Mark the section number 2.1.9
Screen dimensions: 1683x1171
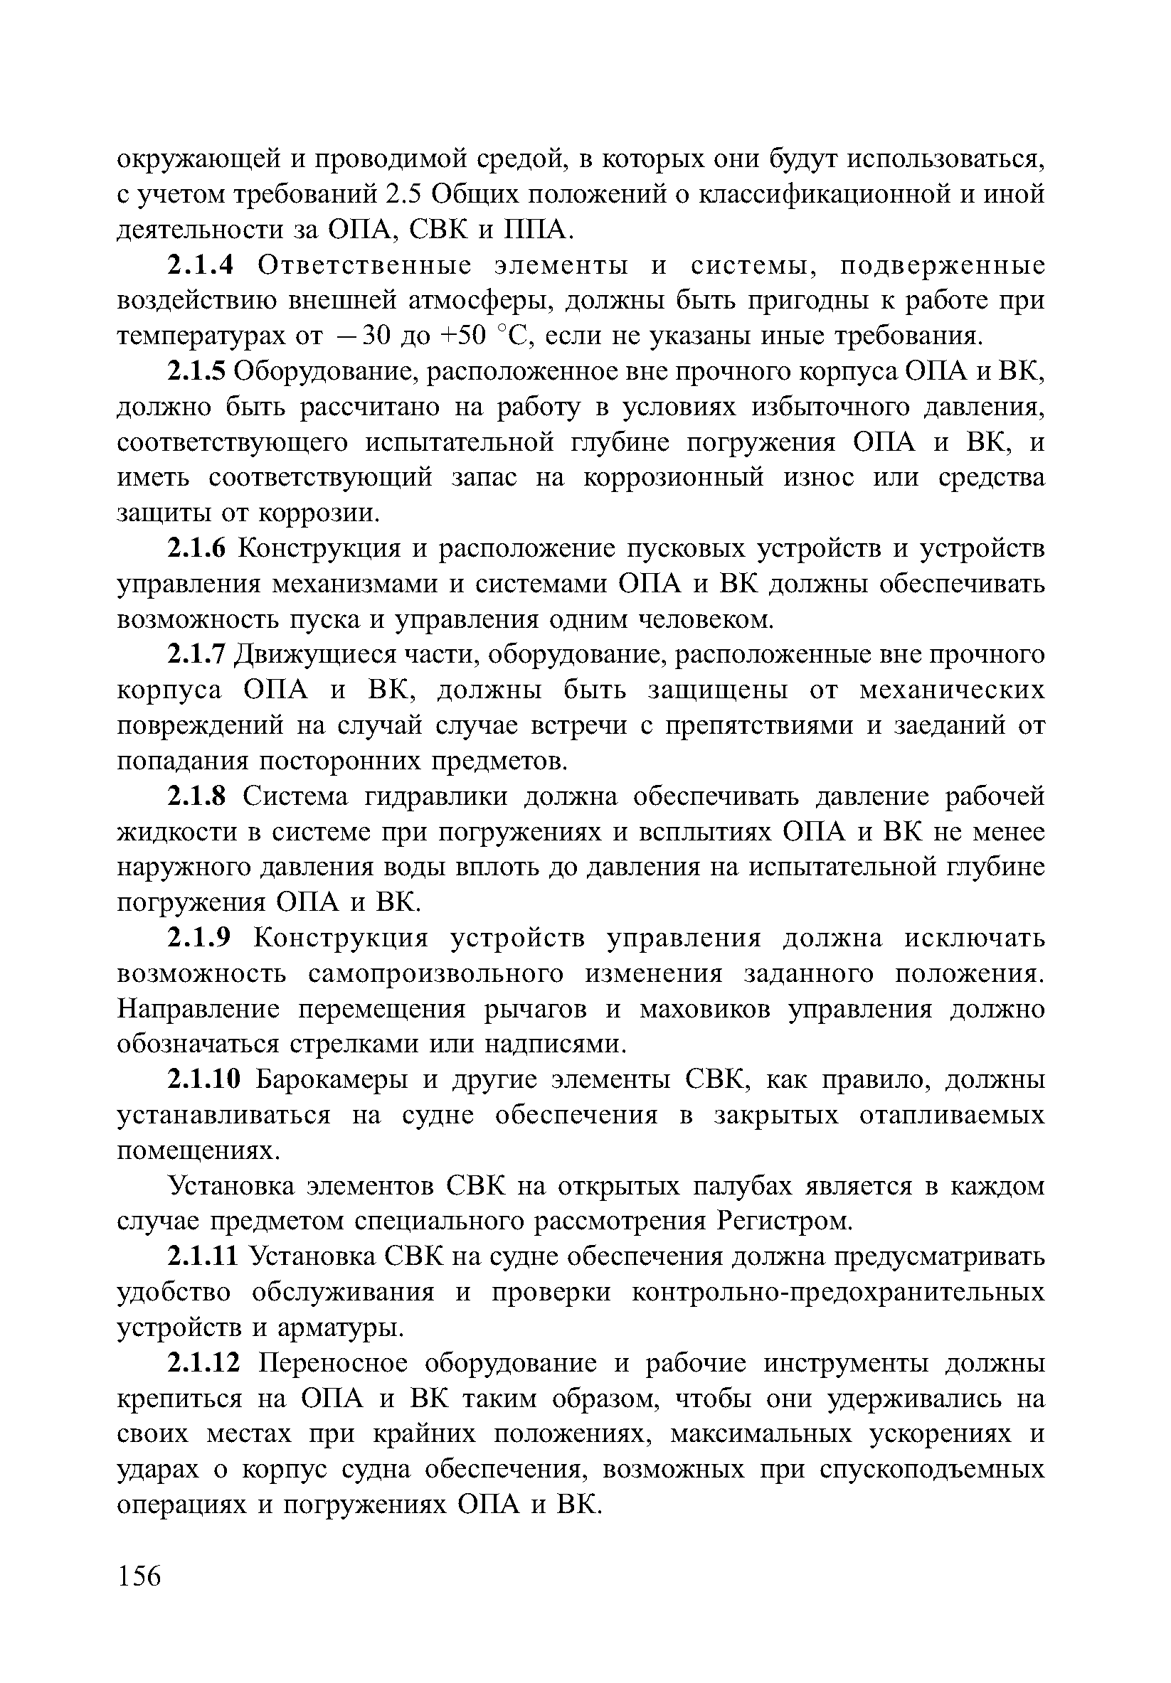(x=199, y=938)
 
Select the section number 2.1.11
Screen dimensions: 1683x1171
(x=204, y=1257)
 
